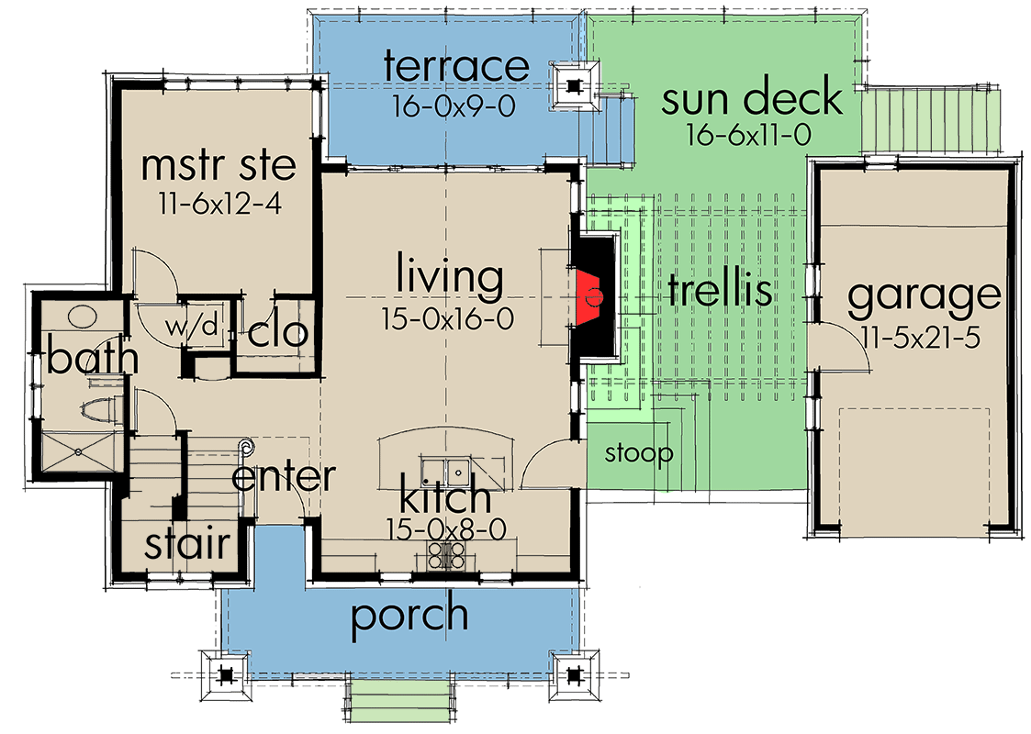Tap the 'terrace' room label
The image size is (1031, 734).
point(456,67)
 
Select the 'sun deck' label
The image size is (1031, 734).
point(752,97)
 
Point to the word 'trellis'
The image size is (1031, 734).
point(719,291)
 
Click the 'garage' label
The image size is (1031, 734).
point(923,295)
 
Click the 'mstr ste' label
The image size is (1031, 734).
point(219,165)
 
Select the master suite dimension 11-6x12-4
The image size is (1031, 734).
point(219,201)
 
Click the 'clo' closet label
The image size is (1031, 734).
point(277,332)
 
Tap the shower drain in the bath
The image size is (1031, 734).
point(79,451)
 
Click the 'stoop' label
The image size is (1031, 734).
point(639,453)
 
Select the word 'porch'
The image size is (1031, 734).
point(409,617)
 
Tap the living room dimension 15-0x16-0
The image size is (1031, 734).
point(447,318)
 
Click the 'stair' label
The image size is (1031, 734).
point(187,544)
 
